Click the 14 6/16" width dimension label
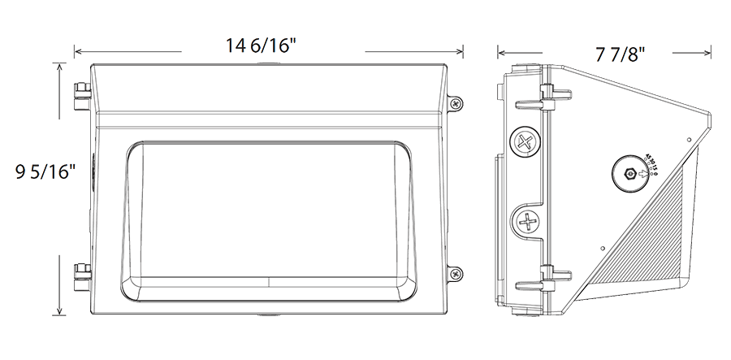tap(259, 47)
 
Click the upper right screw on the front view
tap(456, 103)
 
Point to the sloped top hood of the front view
tap(268, 89)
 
